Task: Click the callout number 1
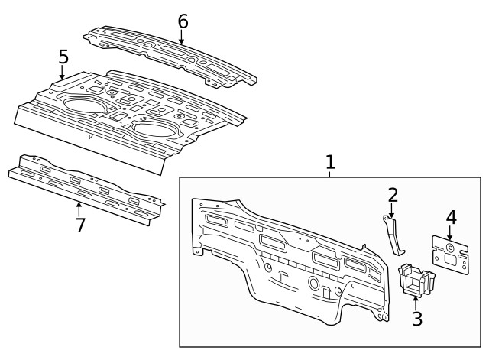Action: tap(330, 162)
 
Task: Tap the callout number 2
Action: tap(393, 194)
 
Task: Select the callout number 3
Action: tap(416, 318)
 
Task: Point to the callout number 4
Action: tap(451, 217)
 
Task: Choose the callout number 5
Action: tap(63, 56)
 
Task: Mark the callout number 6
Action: tap(182, 21)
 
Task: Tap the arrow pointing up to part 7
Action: tap(78, 207)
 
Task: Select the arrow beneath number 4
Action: tap(451, 234)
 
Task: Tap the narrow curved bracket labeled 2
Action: tap(393, 235)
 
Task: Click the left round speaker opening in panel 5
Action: tap(85, 105)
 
